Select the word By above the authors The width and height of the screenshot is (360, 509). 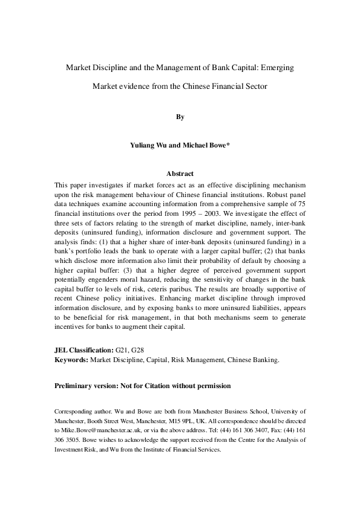pyautogui.click(x=180, y=117)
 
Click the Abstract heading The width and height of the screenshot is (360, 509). pyautogui.click(x=180, y=173)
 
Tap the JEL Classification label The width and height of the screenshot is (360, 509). pyautogui.click(x=83, y=350)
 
